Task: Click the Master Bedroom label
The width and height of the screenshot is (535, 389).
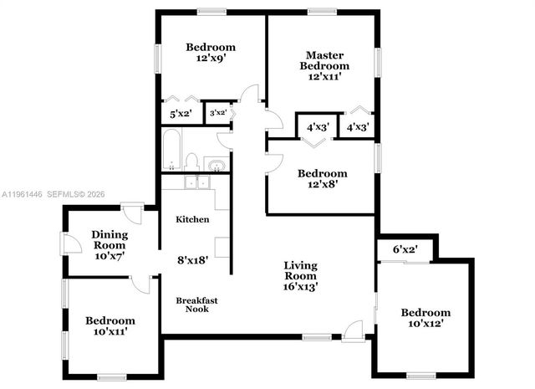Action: click(x=324, y=60)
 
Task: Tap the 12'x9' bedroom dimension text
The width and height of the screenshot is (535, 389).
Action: click(x=211, y=59)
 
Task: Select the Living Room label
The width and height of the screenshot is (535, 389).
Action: click(x=301, y=270)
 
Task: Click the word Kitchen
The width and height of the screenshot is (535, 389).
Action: click(x=192, y=219)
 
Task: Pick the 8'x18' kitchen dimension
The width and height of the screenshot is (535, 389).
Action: click(x=191, y=259)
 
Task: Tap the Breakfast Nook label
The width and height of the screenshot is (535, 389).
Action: click(x=192, y=305)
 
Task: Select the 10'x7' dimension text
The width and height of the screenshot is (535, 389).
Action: click(x=108, y=256)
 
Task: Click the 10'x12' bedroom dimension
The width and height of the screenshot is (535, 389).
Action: click(x=425, y=324)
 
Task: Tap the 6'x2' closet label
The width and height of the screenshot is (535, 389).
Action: click(x=405, y=249)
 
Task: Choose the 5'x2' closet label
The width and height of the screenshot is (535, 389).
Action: click(x=181, y=113)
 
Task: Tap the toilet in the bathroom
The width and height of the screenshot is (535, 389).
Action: click(x=191, y=161)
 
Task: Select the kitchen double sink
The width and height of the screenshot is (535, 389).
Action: click(x=196, y=182)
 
